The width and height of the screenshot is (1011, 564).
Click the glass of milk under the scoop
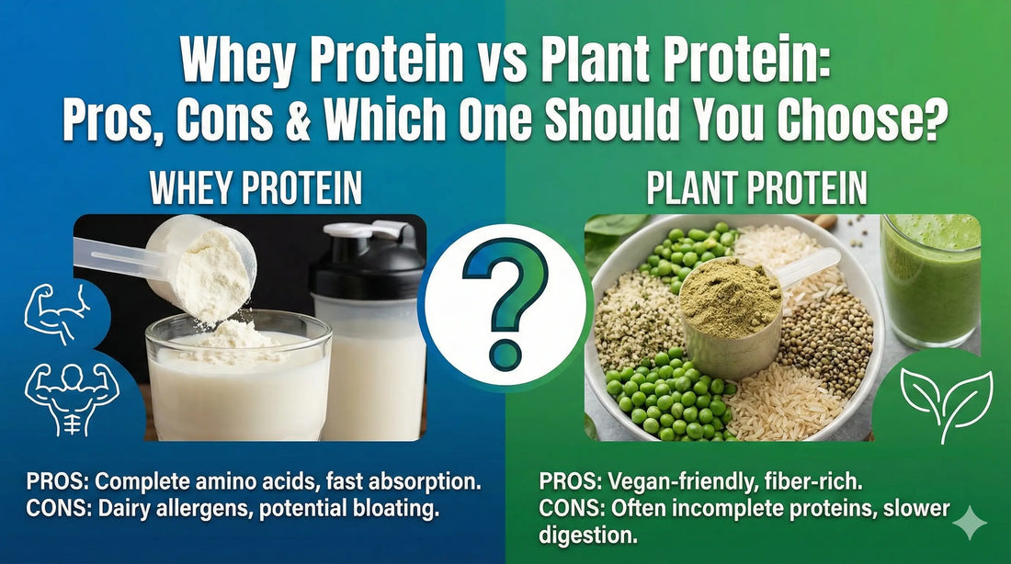point(237,377)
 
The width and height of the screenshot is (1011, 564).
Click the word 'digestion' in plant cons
point(587,533)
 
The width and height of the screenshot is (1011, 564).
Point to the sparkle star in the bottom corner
point(970,523)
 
